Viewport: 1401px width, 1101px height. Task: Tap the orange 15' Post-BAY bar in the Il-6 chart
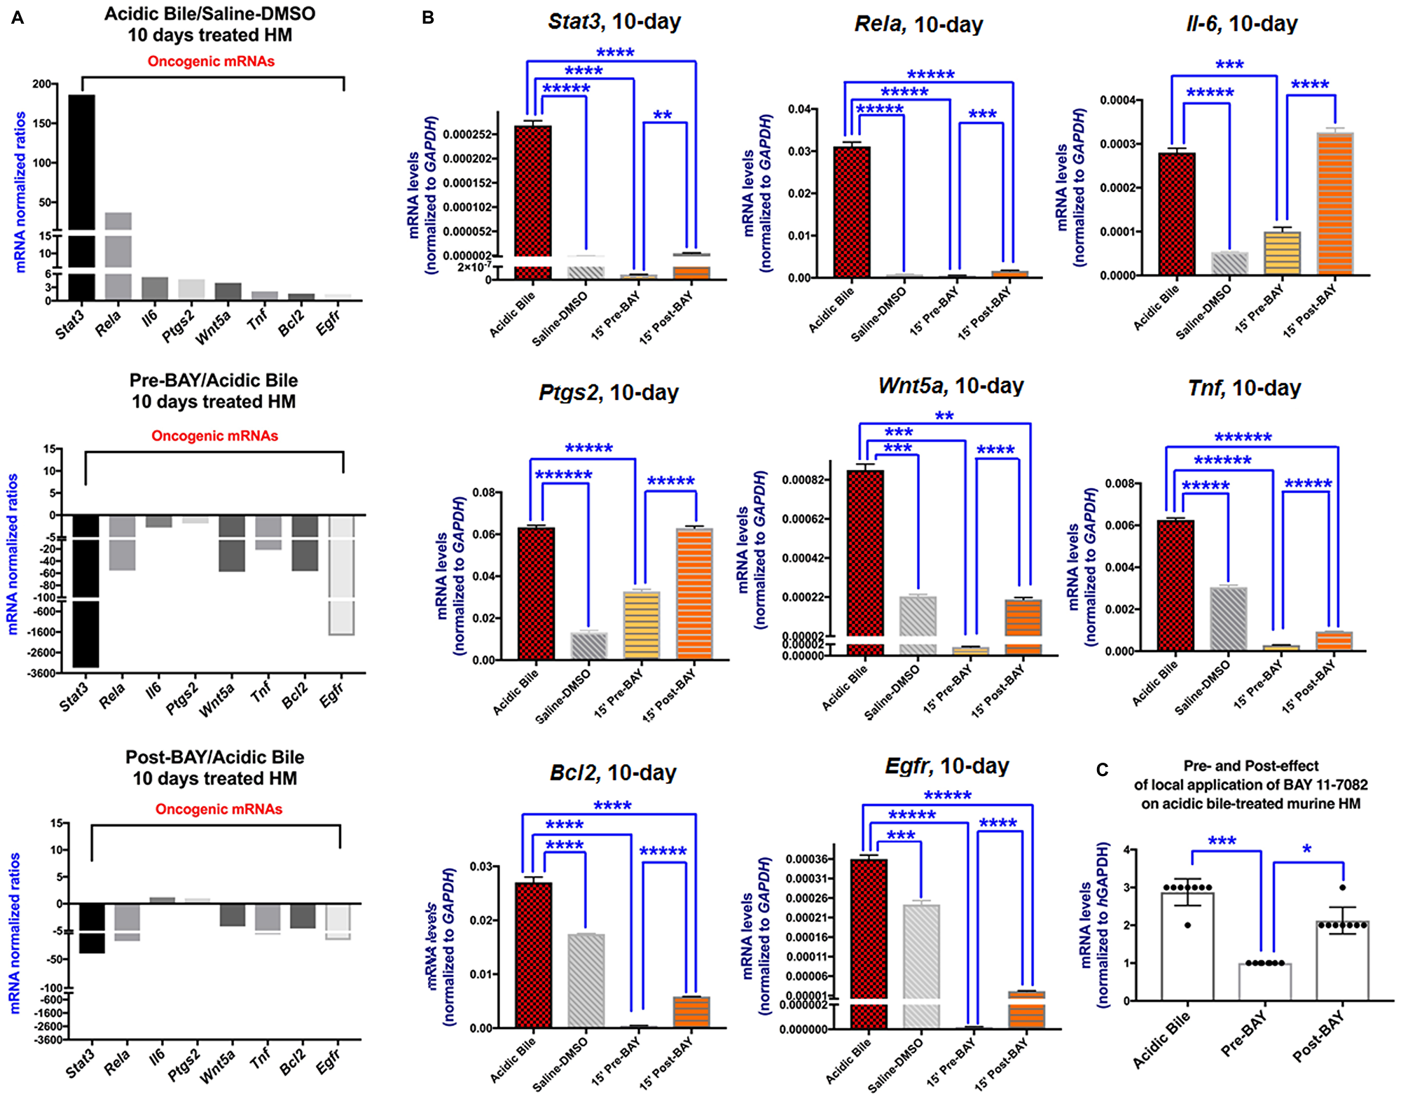pos(1334,203)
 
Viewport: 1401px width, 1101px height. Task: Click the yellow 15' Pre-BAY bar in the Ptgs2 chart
pos(642,625)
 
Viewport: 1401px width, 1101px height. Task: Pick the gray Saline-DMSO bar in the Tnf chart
pos(1228,618)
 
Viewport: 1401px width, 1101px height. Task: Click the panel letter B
pos(428,18)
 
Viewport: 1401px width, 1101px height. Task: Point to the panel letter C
pos(1102,770)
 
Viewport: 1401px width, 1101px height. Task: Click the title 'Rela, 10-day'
pos(918,25)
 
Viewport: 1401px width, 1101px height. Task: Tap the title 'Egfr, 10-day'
pos(946,766)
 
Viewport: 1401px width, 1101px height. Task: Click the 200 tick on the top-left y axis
pos(41,84)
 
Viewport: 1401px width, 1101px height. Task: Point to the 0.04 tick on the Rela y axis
pos(799,109)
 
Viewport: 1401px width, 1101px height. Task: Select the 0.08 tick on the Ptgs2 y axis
pos(485,492)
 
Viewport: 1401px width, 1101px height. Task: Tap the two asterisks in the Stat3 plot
pos(662,116)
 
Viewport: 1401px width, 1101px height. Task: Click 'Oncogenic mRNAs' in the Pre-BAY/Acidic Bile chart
pos(214,436)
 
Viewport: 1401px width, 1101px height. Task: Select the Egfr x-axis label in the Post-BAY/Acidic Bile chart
pos(329,1061)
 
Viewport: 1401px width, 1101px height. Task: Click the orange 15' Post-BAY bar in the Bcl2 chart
pos(691,1011)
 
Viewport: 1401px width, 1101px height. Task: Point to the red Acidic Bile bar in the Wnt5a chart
pos(865,553)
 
